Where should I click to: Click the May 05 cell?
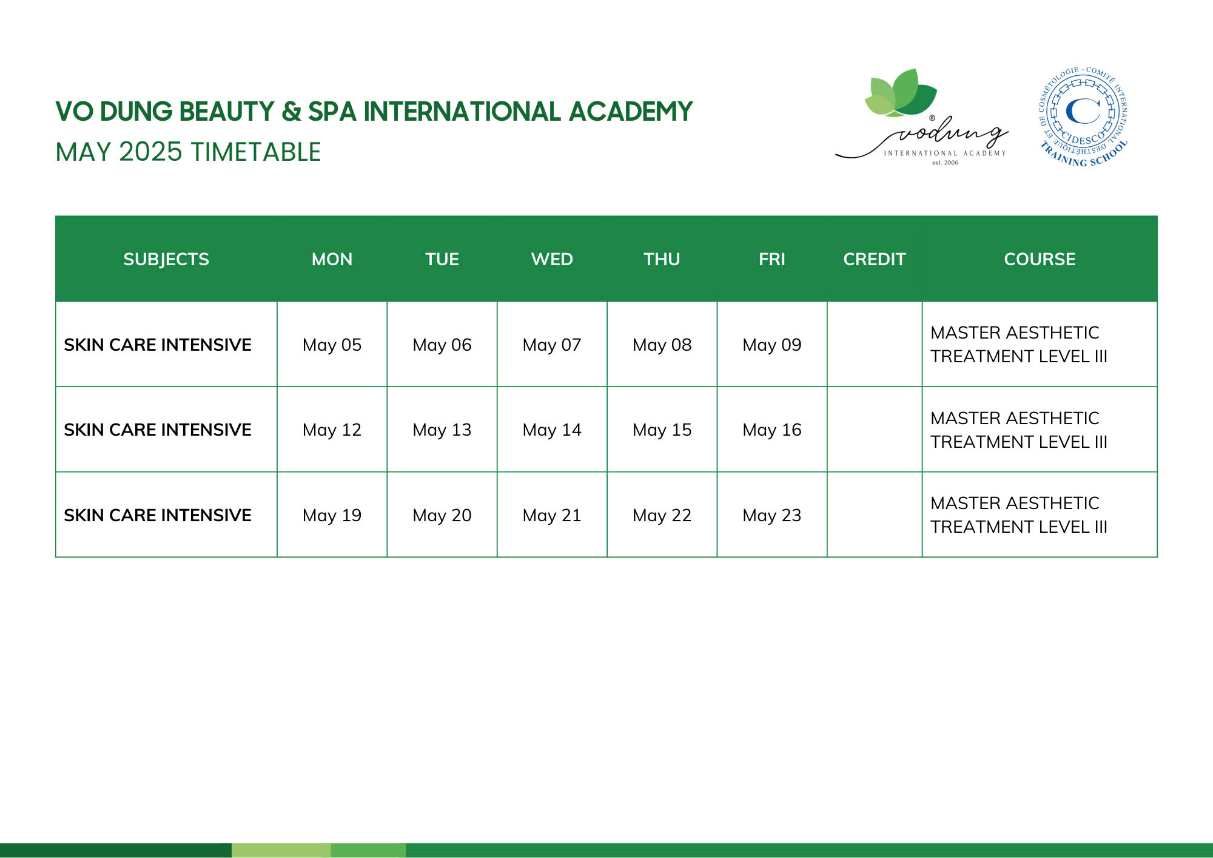coord(332,345)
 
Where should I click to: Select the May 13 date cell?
coord(442,430)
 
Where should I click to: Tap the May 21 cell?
coord(552,515)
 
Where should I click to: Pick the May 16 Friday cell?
coord(772,430)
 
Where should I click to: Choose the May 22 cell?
coord(662,515)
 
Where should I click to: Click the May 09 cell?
coord(772,345)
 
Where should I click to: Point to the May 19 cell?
coord(332,515)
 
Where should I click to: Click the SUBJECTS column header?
coord(166,259)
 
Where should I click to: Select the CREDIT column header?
coord(875,259)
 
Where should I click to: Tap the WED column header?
coord(552,259)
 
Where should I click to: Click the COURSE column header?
coord(1040,259)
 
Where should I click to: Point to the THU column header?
coord(662,259)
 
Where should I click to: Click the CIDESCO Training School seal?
coord(1084,117)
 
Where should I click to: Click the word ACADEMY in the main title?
coord(631,112)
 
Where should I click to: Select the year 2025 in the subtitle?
coord(150,152)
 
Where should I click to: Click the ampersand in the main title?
coord(292,112)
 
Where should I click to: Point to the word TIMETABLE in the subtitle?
coord(256,152)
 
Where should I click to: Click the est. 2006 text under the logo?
coord(945,163)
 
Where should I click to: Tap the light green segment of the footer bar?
coord(281,850)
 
